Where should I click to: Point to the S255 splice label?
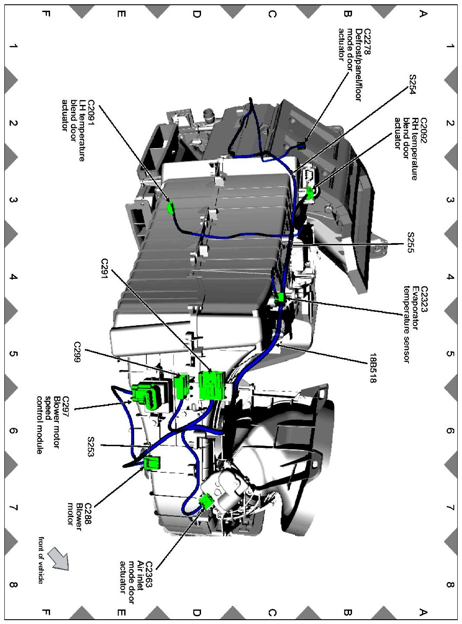[411, 242]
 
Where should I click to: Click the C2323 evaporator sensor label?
[423, 299]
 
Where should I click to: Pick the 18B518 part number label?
[373, 368]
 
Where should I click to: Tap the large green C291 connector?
[212, 385]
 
